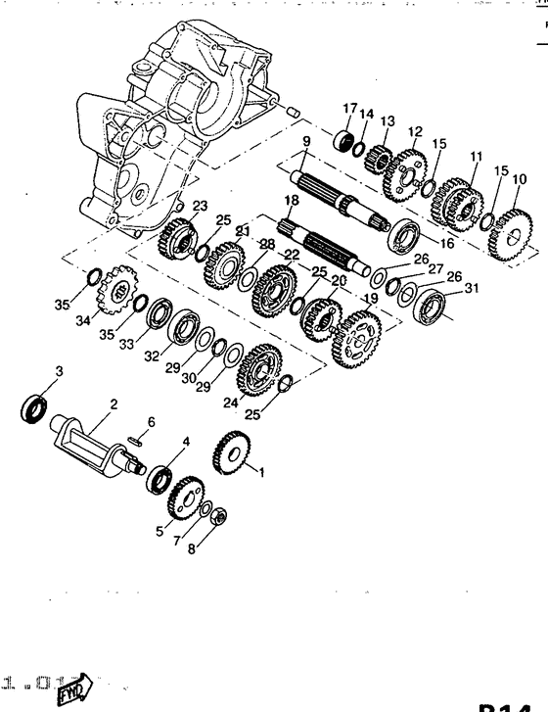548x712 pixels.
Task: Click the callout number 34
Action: [82, 319]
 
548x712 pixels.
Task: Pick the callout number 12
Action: [415, 131]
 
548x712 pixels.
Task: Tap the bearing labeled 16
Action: [404, 237]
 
